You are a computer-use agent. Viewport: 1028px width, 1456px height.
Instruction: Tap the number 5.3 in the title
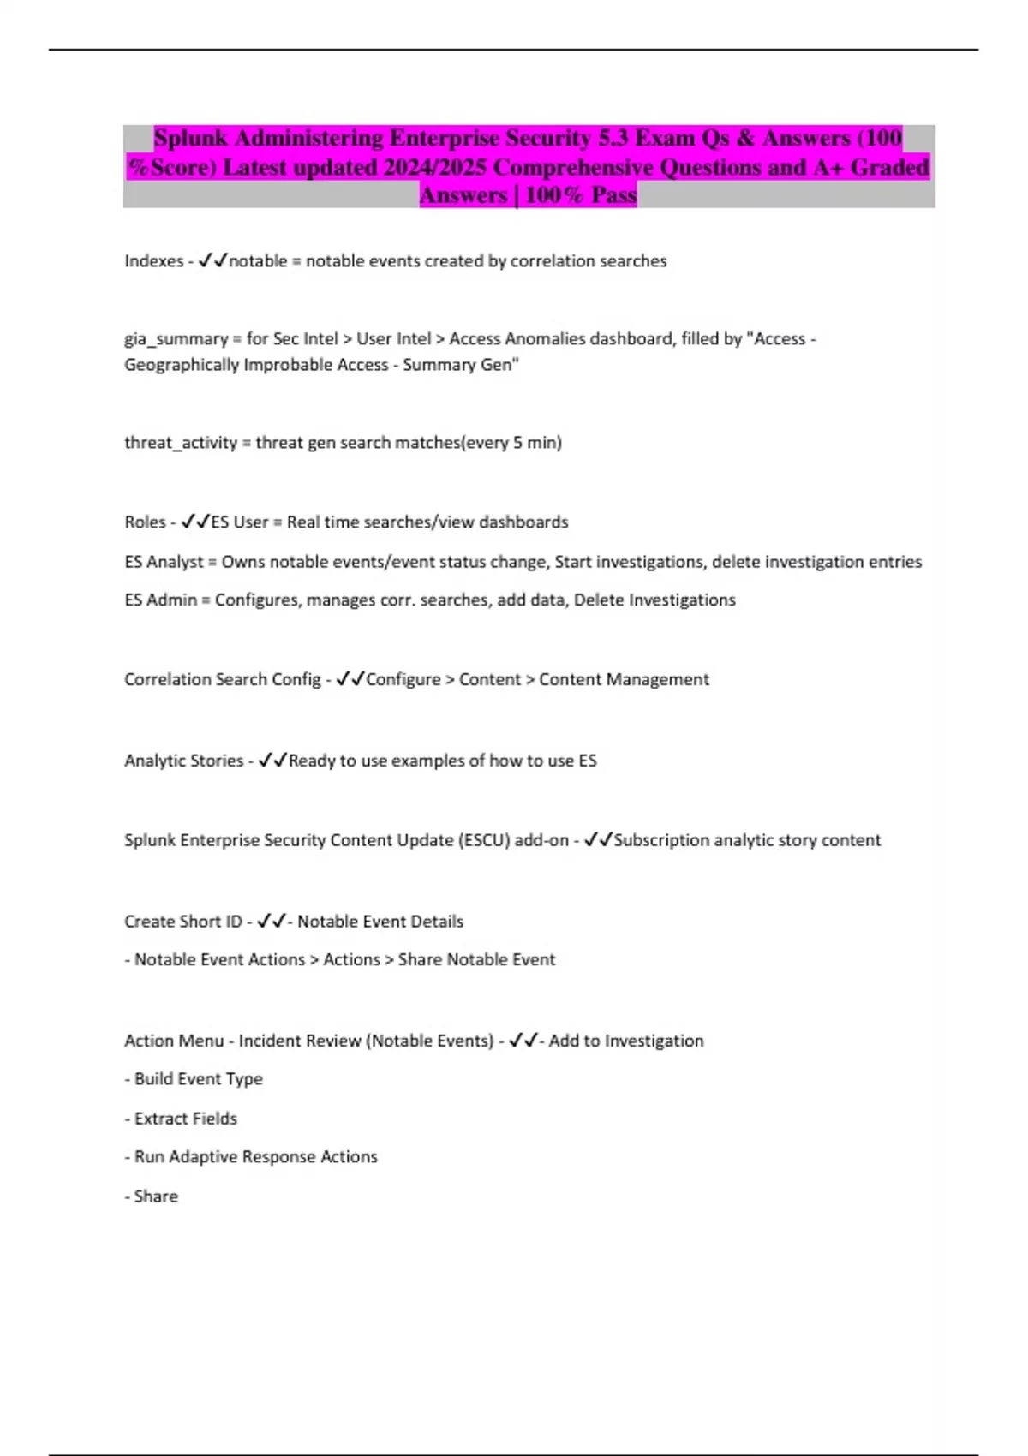[x=613, y=139]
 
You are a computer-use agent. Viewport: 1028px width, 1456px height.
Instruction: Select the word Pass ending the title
[x=613, y=195]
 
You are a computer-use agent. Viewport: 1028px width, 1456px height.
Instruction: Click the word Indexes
[x=154, y=261]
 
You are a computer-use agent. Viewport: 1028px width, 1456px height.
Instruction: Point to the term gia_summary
[x=176, y=339]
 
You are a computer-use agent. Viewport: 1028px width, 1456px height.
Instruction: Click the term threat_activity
[x=181, y=443]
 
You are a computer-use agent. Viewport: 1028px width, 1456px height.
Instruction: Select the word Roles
[x=146, y=522]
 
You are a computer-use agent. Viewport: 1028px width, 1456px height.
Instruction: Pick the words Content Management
[x=624, y=680]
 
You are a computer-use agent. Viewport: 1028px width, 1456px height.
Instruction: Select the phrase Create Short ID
[x=183, y=922]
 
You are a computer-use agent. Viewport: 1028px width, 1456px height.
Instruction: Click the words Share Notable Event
[x=476, y=960]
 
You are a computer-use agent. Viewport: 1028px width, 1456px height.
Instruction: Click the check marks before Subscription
[x=598, y=840]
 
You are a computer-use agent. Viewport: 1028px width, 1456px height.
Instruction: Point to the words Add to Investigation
[x=626, y=1041]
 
